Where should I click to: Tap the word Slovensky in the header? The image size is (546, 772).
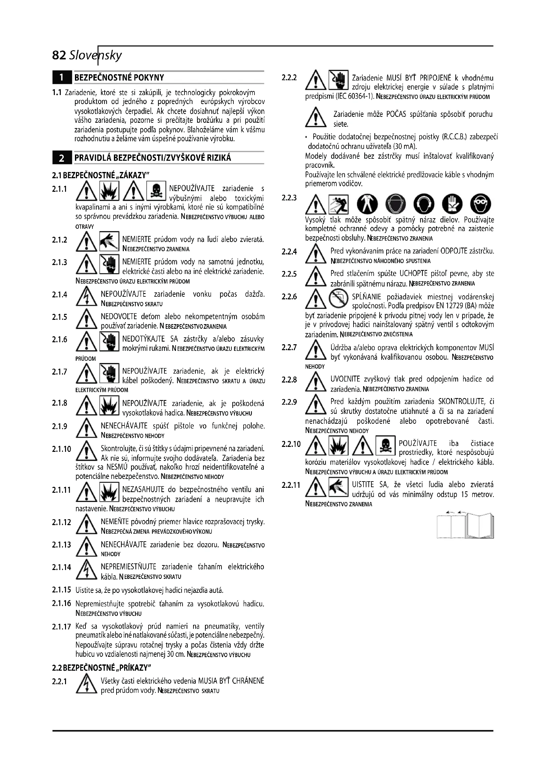coord(95,55)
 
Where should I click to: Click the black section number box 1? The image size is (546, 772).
coord(62,78)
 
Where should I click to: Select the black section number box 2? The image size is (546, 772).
coord(62,158)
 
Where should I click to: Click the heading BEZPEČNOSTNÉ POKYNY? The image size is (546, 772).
coord(119,78)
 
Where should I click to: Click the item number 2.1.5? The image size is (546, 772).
coord(59,317)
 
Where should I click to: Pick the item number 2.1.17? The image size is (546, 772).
coord(61,626)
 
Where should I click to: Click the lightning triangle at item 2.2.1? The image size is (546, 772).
coord(87,684)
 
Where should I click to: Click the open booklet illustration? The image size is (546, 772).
coord(465,525)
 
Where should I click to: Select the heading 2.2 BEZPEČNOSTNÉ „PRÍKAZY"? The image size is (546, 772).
coord(102,667)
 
